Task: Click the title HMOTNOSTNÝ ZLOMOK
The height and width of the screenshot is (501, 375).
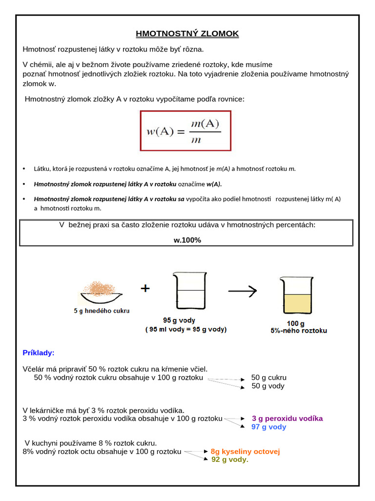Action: [187, 34]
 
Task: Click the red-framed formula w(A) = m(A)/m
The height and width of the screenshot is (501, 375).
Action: [186, 131]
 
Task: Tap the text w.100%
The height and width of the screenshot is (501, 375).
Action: [187, 240]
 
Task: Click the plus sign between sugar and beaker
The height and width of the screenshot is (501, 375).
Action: [145, 289]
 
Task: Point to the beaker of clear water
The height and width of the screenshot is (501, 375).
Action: [187, 292]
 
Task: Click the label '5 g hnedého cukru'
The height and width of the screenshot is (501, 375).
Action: [102, 310]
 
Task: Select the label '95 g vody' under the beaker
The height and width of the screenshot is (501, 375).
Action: [179, 320]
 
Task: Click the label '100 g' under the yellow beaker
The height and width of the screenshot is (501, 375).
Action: [295, 323]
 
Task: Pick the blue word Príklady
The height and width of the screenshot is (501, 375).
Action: [39, 353]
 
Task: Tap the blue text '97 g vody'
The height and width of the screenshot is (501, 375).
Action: [269, 427]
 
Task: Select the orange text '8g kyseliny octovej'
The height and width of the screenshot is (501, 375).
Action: [245, 451]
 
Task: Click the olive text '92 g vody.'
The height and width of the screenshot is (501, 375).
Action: [229, 459]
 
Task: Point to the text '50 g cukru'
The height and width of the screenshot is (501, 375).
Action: [269, 378]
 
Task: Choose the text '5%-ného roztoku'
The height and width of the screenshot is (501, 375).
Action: [299, 331]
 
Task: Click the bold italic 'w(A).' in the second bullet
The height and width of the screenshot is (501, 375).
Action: [214, 184]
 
